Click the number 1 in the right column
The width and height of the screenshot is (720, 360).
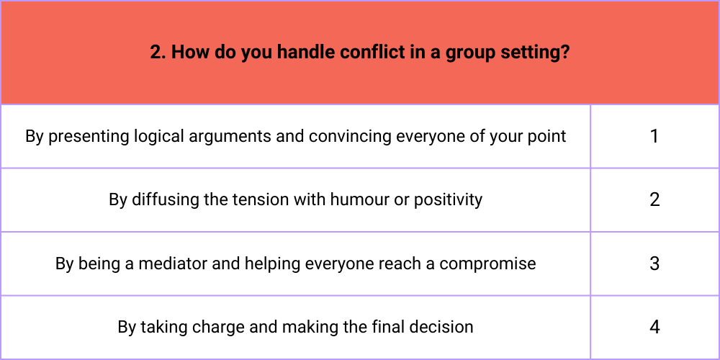pos(654,136)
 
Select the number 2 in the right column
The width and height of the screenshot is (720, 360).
pos(654,199)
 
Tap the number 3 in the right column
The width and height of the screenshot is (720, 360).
pos(654,264)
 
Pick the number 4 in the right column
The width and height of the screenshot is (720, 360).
pos(654,328)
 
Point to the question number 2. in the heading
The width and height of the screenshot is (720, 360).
pos(158,53)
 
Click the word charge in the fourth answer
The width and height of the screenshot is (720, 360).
pos(218,328)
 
